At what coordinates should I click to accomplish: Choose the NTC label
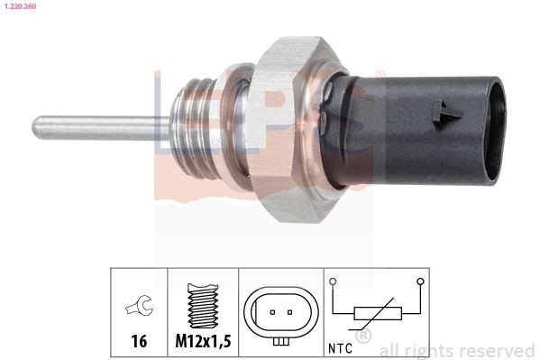(341, 347)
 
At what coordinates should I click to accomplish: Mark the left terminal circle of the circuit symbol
(333, 282)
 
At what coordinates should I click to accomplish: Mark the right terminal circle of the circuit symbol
(419, 282)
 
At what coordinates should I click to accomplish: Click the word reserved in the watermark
(496, 350)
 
